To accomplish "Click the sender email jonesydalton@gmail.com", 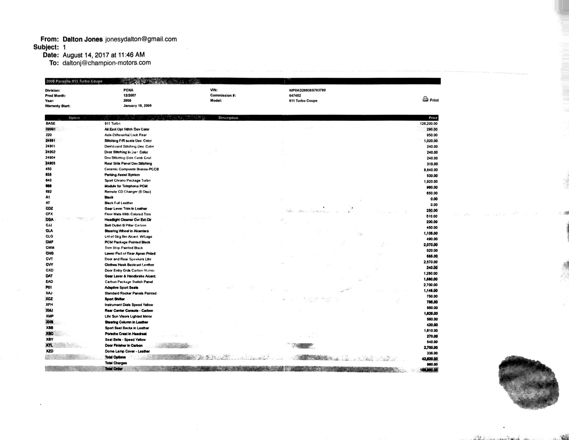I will tap(141, 39).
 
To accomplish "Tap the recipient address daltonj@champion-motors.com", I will tap(107, 63).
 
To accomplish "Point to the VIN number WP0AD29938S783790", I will tap(307, 90).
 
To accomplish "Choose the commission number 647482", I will tap(295, 96).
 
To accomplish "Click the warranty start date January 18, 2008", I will tap(137, 106).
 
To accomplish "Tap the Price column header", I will tap(433, 118).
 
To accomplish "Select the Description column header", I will tap(228, 118).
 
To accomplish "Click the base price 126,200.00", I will tap(428, 124).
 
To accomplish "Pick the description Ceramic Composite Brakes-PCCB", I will tap(131, 169).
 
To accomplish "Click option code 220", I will tap(49, 135).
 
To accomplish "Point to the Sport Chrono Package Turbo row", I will tap(127, 180).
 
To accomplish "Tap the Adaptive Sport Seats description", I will tap(121, 287).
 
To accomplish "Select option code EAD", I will tap(49, 282).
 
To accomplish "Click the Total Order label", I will tap(114, 369).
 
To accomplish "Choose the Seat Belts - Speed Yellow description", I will tap(125, 340).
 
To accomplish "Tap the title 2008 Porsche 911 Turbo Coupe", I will tap(74, 81).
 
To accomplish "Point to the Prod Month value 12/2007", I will tap(129, 96).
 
